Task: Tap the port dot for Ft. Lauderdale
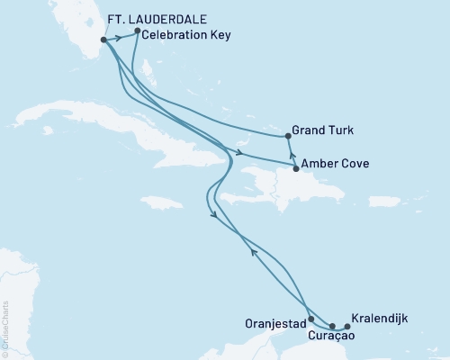(104, 40)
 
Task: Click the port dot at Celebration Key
(137, 31)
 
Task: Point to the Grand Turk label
(322, 130)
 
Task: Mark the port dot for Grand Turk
(288, 136)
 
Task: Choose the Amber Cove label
(334, 164)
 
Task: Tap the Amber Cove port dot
(295, 168)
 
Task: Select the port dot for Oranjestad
(310, 319)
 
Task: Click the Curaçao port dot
(332, 327)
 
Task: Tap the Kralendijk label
(381, 319)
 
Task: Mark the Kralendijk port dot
(347, 327)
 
